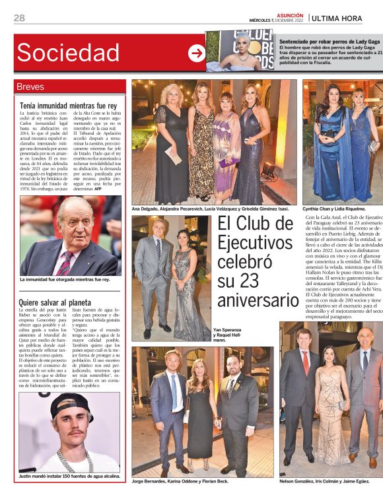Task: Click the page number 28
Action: (20, 18)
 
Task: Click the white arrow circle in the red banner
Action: (196, 53)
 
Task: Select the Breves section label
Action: (31, 87)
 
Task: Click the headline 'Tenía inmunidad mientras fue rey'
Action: (68, 105)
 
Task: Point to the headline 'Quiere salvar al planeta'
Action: (57, 303)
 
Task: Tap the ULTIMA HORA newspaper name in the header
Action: (347, 18)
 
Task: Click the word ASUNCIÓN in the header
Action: (290, 15)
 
